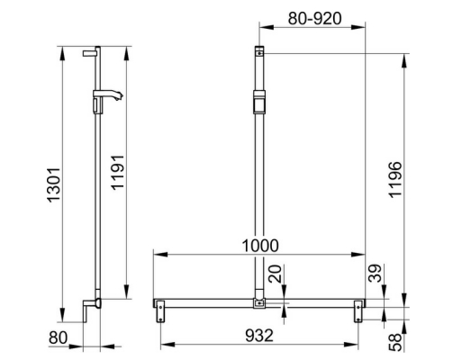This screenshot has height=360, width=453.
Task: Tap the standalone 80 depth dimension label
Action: [56, 338]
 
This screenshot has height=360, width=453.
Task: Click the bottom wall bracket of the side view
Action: [88, 308]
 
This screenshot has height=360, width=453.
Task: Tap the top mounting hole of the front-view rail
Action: [260, 53]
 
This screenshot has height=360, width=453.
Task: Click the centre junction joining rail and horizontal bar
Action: [260, 303]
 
